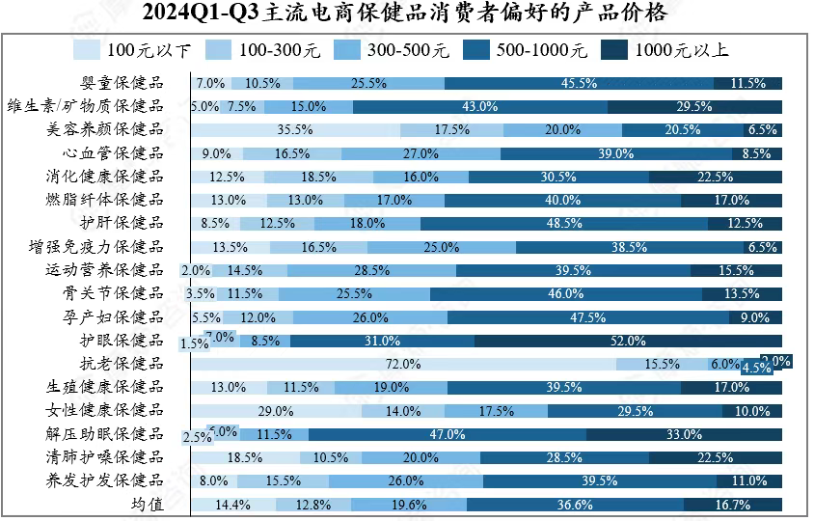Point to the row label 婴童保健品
pyautogui.click(x=122, y=83)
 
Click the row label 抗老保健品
pyautogui.click(x=122, y=364)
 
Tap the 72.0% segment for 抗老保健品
pyautogui.click(x=403, y=364)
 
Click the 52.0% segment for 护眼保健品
pyautogui.click(x=628, y=341)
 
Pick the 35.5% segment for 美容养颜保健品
pyautogui.click(x=295, y=129)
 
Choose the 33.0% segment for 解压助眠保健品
pyautogui.click(x=684, y=434)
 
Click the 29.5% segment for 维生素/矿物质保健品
pyautogui.click(x=694, y=106)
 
